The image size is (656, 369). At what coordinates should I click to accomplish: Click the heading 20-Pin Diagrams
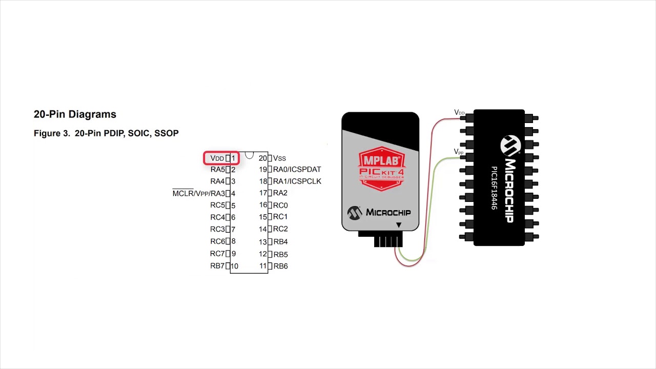tap(75, 114)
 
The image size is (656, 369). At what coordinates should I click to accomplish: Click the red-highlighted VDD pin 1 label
tap(221, 158)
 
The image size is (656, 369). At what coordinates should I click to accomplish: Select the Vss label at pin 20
tap(279, 158)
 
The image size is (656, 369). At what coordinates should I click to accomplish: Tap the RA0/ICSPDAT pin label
tap(297, 170)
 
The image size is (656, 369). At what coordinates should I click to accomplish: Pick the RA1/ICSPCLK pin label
tap(297, 181)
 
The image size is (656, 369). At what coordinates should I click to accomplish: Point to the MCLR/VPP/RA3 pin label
tap(199, 193)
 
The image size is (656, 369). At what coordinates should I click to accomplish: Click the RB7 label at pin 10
tap(217, 266)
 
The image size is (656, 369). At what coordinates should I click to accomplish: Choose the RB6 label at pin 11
tap(280, 266)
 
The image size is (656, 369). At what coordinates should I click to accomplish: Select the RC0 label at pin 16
tap(280, 206)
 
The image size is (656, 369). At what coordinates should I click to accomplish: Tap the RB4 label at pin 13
tap(280, 241)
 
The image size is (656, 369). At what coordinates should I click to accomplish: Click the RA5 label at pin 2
tap(217, 170)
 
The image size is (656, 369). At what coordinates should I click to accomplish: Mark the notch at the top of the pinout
tap(249, 155)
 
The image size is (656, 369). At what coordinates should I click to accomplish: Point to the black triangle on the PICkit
tap(399, 225)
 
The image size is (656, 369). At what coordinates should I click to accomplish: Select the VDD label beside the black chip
tap(459, 112)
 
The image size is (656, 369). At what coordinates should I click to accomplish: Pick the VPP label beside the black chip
tap(459, 152)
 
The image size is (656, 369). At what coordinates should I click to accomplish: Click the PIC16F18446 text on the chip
tap(495, 188)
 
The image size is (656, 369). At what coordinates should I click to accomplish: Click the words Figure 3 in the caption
tap(51, 133)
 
